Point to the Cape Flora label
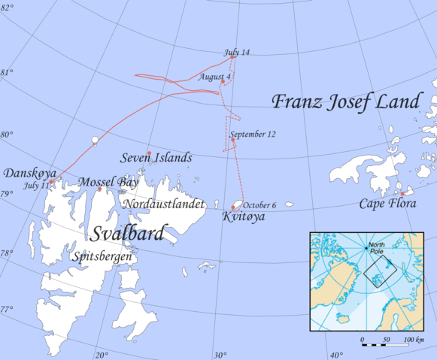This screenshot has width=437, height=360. tap(384, 204)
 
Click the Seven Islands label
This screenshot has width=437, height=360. tap(156, 159)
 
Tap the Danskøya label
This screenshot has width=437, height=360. tap(26, 174)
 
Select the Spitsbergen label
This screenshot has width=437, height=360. tap(104, 257)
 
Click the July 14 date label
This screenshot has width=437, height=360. tap(236, 52)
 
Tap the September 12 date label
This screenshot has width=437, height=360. tap(253, 135)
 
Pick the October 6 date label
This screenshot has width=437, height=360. tap(259, 205)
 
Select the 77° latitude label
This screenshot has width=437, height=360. tap(6, 309)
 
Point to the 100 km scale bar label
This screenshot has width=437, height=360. tap(412, 340)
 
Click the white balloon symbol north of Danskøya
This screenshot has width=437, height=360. tap(94, 141)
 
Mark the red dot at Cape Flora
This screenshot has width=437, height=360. tap(402, 194)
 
